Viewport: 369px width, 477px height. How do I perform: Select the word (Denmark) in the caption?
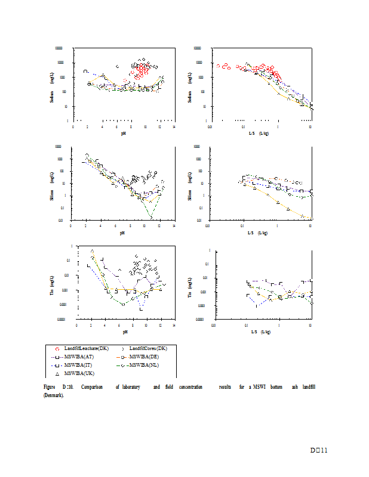(x=50, y=394)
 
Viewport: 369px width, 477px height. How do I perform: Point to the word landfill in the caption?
(x=308, y=387)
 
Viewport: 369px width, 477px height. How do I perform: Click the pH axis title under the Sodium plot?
(x=123, y=132)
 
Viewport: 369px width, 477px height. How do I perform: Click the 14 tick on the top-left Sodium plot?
(x=174, y=126)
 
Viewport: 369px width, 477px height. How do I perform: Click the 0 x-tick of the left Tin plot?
(x=77, y=325)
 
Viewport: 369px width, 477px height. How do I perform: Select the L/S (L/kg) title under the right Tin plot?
(x=259, y=331)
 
